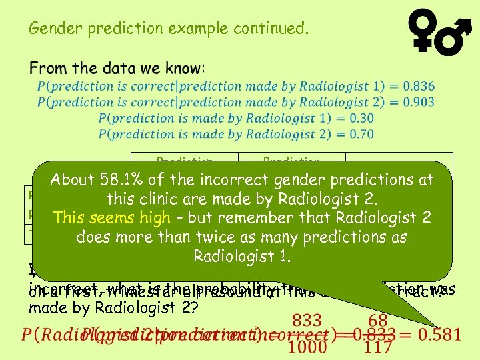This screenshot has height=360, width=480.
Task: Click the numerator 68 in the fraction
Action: tap(373, 321)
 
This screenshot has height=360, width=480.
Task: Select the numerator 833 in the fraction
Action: tap(307, 321)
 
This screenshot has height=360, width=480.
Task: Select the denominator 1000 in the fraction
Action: tap(307, 347)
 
